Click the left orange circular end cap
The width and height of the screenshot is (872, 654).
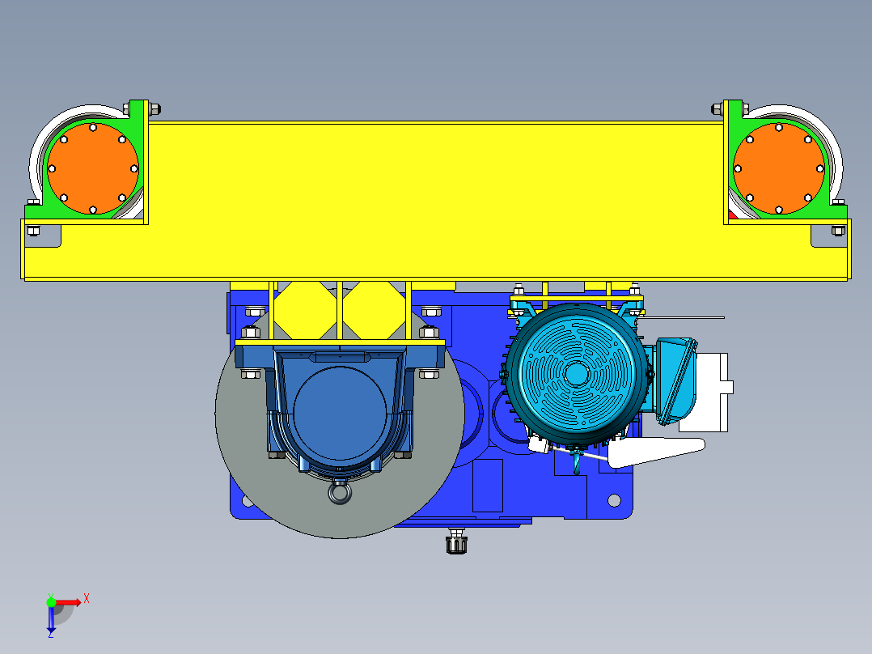coord(93,168)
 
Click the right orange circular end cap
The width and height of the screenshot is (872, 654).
coord(778,168)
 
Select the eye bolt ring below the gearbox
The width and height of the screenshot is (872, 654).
coord(340,493)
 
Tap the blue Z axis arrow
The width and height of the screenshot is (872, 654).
coord(51,618)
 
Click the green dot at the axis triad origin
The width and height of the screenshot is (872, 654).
coord(51,601)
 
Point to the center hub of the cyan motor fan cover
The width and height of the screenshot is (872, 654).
coord(577,373)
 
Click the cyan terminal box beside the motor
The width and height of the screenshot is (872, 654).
coord(675,380)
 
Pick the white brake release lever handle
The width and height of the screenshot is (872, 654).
coord(656,451)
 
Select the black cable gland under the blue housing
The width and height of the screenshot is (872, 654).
coord(456,542)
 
